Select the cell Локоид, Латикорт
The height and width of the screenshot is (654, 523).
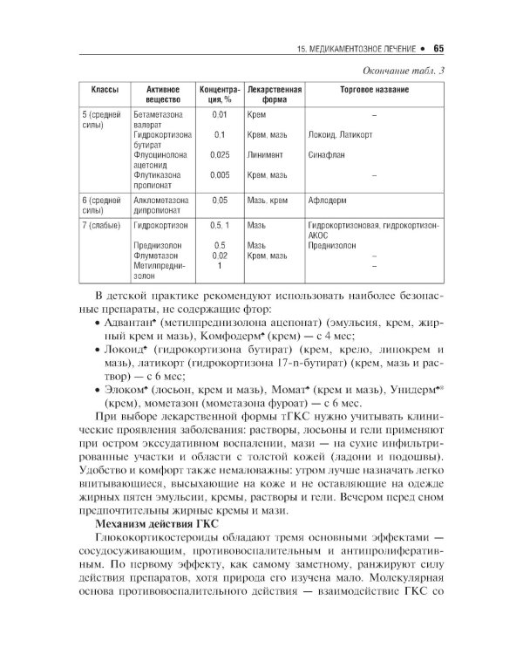[x=340, y=134]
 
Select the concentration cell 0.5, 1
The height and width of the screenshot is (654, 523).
[x=220, y=224]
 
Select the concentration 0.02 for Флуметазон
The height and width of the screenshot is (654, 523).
[x=220, y=255]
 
